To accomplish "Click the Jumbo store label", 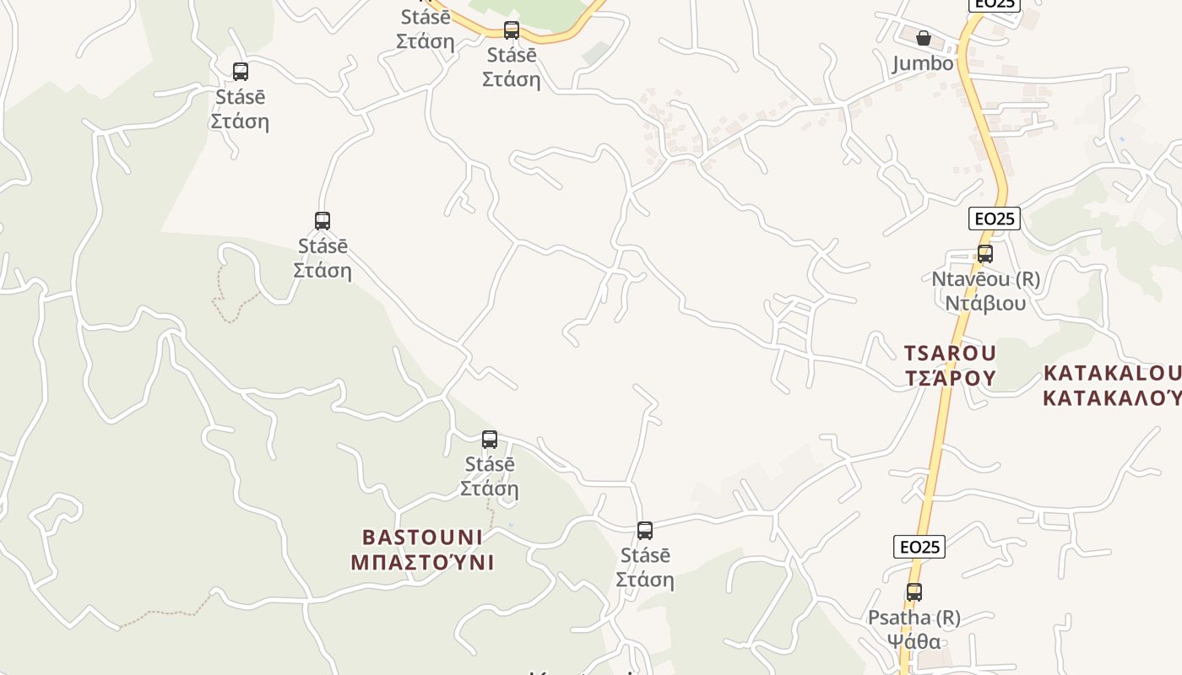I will [x=923, y=63].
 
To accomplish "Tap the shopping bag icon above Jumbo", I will [x=924, y=38].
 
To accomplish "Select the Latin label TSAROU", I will [x=950, y=353].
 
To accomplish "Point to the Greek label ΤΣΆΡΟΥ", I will [x=950, y=377].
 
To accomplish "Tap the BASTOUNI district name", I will [x=422, y=537].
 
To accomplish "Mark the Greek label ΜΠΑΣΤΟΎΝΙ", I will [x=422, y=562].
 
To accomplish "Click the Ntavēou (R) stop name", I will [x=985, y=278].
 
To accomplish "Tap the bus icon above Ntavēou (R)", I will [x=984, y=253].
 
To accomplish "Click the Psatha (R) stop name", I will [x=914, y=618].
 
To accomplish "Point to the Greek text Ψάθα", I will [x=914, y=641].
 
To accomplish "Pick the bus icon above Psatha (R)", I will [x=914, y=592].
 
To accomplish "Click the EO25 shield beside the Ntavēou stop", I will [x=995, y=219].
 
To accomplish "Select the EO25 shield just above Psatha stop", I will [x=919, y=547].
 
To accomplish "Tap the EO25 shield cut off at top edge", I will [x=995, y=4].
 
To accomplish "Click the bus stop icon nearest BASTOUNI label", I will [x=490, y=440].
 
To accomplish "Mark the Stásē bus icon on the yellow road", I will [x=512, y=30].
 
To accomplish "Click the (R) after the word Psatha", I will [x=946, y=618].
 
